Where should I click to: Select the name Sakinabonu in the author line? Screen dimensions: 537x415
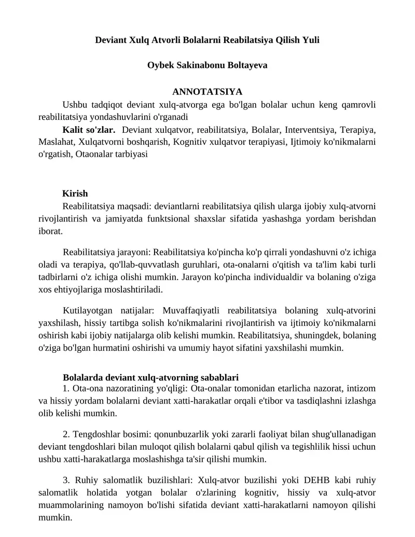click(198, 66)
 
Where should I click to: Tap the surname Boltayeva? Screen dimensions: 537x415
click(245, 66)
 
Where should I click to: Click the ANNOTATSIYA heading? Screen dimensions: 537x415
click(207, 92)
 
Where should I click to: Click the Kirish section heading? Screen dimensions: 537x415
click(75, 194)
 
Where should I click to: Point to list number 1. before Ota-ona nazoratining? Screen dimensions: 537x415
click(66, 389)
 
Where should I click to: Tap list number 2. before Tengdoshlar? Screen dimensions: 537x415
click(66, 434)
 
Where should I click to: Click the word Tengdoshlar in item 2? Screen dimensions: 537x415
click(96, 434)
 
